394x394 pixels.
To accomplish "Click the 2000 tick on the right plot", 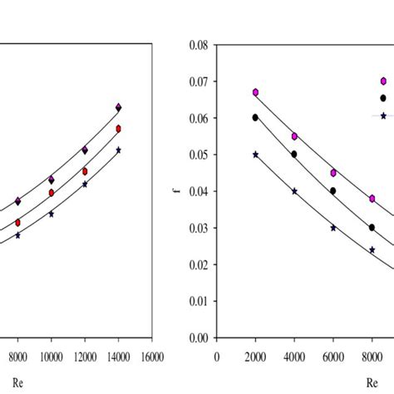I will click(x=255, y=356).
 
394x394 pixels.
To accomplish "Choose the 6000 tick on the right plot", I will click(x=333, y=356).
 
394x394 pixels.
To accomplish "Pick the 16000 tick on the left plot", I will click(x=151, y=356).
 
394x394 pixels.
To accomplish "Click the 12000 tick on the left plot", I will click(x=85, y=356).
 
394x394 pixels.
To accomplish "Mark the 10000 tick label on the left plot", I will click(x=52, y=356).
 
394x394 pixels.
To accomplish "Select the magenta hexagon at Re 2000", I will click(x=255, y=92).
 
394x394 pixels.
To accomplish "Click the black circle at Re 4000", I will click(x=294, y=154).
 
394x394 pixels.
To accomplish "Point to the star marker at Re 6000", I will click(x=333, y=228).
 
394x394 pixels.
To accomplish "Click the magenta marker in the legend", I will click(x=383, y=81).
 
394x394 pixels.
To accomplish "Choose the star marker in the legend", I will click(x=383, y=116).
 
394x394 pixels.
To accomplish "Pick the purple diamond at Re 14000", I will click(x=119, y=107).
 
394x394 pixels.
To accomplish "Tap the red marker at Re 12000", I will click(x=85, y=171).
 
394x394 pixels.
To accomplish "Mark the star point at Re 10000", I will click(x=52, y=214).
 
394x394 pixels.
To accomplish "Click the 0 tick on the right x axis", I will click(x=217, y=356).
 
